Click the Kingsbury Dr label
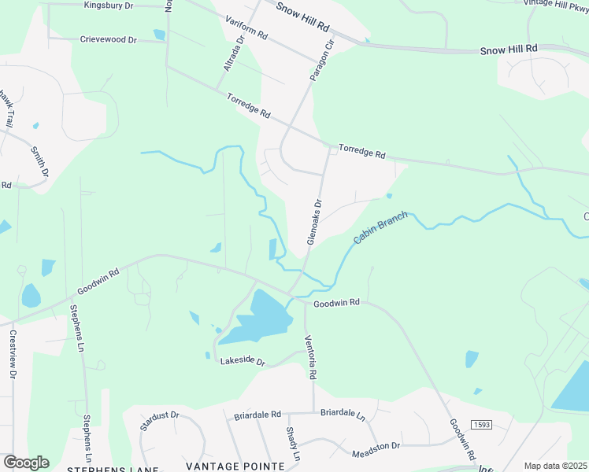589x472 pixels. pyautogui.click(x=108, y=5)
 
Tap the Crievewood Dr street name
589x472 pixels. pyautogui.click(x=109, y=39)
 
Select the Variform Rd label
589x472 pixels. pyautogui.click(x=246, y=30)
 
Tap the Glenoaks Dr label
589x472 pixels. pyautogui.click(x=315, y=220)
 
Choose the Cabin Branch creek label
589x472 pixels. pyautogui.click(x=381, y=227)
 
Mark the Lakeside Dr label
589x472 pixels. pyautogui.click(x=243, y=363)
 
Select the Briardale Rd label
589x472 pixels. pyautogui.click(x=257, y=414)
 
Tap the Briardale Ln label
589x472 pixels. pyautogui.click(x=343, y=413)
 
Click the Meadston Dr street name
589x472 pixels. pyautogui.click(x=376, y=446)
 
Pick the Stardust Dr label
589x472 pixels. pyautogui.click(x=160, y=420)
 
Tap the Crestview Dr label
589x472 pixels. pyautogui.click(x=13, y=352)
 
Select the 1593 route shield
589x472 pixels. pyautogui.click(x=481, y=425)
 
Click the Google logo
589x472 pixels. pyautogui.click(x=26, y=463)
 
